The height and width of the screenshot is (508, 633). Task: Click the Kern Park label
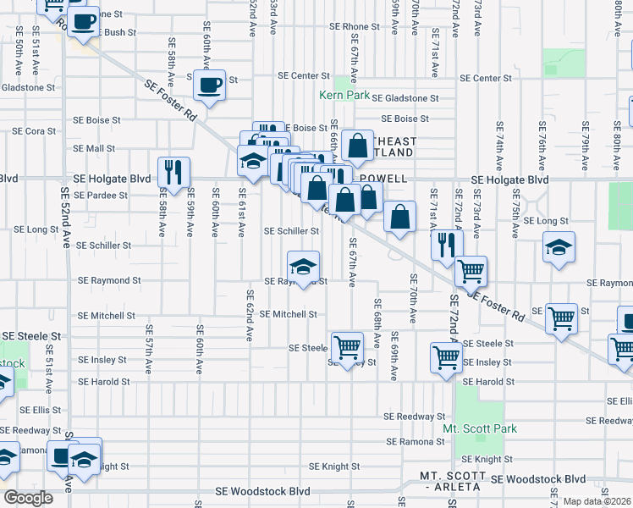point(343,95)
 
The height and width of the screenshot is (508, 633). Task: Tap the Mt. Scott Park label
point(486,428)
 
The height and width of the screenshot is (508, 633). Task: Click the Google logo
point(29,497)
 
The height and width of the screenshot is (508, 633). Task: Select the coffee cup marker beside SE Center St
point(209,85)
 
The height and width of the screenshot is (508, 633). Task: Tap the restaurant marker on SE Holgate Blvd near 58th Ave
point(173,172)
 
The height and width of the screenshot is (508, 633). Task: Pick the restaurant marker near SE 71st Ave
point(447,246)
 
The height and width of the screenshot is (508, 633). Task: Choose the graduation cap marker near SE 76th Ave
point(559,247)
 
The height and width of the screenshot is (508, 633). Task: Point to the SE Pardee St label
point(100,195)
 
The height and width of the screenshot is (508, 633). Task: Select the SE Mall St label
point(94,148)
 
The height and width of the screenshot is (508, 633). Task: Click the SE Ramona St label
point(416,442)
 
